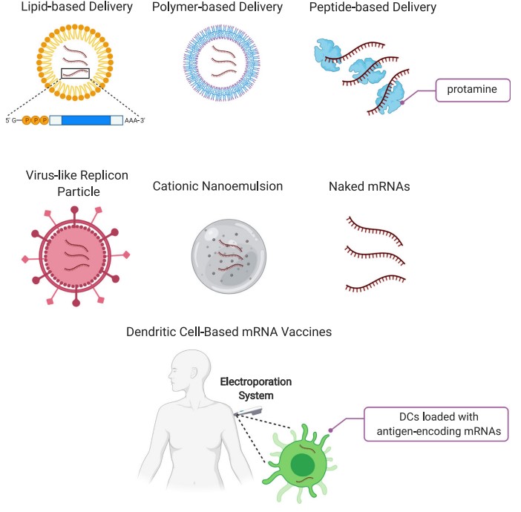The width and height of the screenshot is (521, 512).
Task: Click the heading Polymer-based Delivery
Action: click(216, 8)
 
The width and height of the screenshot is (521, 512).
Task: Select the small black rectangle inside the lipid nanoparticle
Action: click(75, 73)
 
